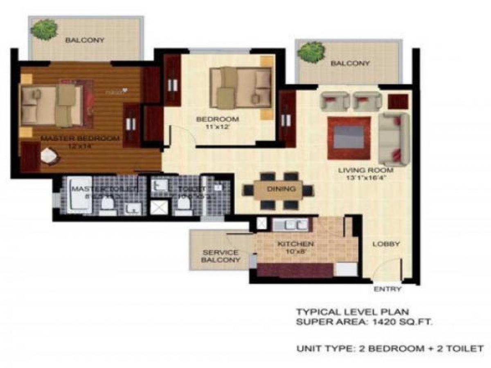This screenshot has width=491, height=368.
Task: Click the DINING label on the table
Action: [281, 189]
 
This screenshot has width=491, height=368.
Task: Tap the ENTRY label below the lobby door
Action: [387, 289]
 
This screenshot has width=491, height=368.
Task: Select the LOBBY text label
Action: [386, 244]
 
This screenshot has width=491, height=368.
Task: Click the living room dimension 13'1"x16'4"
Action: [365, 178]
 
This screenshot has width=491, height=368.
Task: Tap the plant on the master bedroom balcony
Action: [43, 29]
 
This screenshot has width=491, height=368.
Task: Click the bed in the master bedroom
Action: [53, 106]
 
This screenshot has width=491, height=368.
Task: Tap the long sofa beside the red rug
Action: [393, 139]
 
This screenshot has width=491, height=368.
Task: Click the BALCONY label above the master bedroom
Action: [85, 40]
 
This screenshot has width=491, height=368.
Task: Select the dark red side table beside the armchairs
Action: [398, 101]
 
